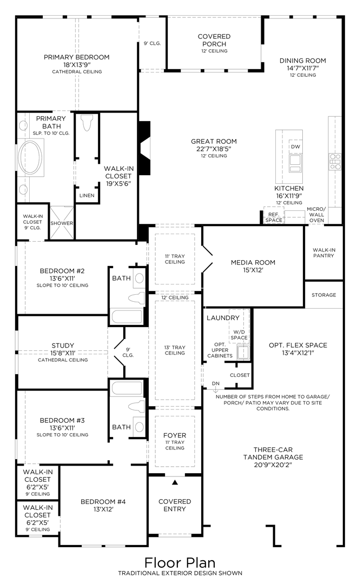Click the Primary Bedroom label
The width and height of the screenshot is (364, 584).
coord(76,57)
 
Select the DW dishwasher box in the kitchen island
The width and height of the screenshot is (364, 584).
coord(295,147)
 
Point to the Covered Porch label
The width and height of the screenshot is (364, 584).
coord(214,40)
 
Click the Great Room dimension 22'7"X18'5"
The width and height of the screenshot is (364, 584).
coord(214,149)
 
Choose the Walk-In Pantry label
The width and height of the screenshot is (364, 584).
coord(323,253)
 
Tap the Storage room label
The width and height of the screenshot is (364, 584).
coord(324,295)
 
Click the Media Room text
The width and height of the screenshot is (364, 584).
coord(253,263)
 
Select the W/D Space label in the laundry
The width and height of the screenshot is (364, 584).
coord(240,334)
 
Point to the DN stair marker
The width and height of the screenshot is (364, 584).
coord(215,383)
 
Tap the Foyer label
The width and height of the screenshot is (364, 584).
coord(175,435)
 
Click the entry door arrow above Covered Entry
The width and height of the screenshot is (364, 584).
coord(175,481)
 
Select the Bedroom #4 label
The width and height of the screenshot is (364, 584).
coord(103,502)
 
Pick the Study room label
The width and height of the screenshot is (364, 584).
coord(63,346)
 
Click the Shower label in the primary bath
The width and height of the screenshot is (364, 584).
coord(62,223)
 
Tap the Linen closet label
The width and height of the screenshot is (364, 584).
coord(87,195)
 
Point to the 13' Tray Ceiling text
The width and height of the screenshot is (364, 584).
coord(175,349)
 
